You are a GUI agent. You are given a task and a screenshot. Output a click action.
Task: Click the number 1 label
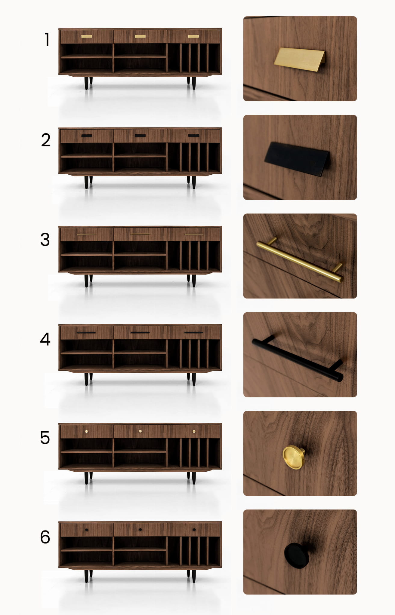[x=47, y=39]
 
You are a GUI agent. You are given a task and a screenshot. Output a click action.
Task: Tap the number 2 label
[x=46, y=140]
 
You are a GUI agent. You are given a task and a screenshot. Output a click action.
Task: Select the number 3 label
[x=45, y=240]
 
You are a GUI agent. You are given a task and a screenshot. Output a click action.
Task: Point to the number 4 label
[x=45, y=339]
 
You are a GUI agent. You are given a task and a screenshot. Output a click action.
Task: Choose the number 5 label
[x=45, y=438]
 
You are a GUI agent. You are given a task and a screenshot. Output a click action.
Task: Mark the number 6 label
[x=45, y=537]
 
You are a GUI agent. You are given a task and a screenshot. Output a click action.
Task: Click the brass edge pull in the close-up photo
[x=300, y=59]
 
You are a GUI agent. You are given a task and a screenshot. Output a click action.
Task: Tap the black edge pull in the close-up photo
[x=297, y=159]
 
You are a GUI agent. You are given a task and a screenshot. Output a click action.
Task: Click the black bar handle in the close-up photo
[x=298, y=359]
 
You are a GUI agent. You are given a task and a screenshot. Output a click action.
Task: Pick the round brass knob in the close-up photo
[x=294, y=457]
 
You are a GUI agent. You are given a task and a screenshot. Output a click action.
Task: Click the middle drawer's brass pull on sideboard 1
[x=140, y=36]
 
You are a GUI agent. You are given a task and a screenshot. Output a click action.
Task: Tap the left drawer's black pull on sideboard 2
[x=87, y=136]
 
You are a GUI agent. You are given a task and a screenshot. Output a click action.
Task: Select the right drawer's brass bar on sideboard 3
[x=194, y=234]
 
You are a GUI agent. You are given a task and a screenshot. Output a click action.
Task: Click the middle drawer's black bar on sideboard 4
[x=140, y=332]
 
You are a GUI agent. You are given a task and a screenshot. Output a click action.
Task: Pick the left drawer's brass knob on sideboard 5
[x=87, y=431]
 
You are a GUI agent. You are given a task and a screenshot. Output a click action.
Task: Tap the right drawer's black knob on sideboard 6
[x=194, y=530]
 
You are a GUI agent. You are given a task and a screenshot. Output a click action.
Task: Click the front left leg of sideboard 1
[x=86, y=83]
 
